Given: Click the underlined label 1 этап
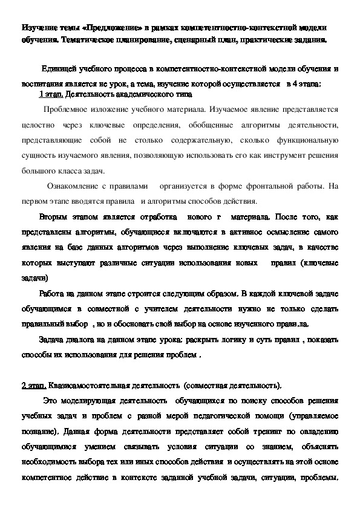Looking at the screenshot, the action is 50,95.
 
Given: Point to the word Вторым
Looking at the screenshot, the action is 51,216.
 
